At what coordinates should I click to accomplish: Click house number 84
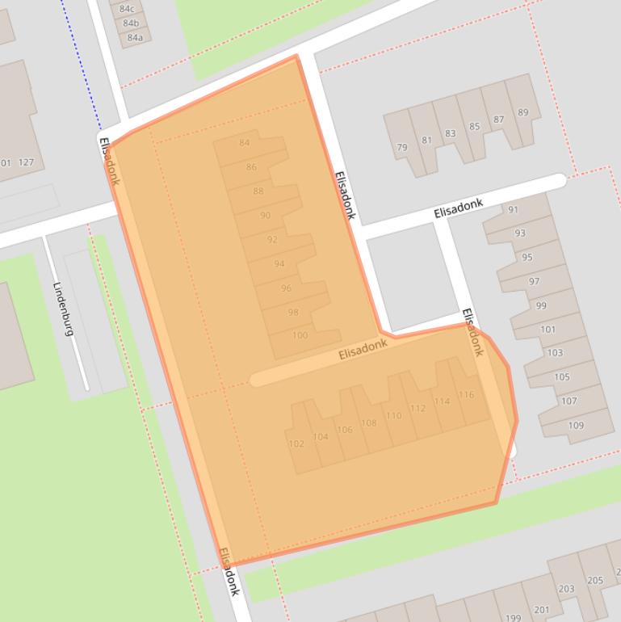pyautogui.click(x=245, y=143)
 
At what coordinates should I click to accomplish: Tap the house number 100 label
pyautogui.click(x=300, y=335)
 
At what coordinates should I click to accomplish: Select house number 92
pyautogui.click(x=272, y=240)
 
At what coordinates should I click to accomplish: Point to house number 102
pyautogui.click(x=296, y=443)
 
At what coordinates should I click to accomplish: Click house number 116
pyautogui.click(x=466, y=395)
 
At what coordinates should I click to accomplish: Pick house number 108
pyautogui.click(x=369, y=422)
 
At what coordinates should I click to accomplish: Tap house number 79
pyautogui.click(x=402, y=148)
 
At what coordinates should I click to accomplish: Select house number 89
pyautogui.click(x=523, y=112)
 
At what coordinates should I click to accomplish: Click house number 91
pyautogui.click(x=513, y=210)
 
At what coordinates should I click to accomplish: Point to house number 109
pyautogui.click(x=576, y=425)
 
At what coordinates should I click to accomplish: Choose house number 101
pyautogui.click(x=548, y=329)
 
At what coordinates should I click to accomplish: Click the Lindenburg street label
pyautogui.click(x=64, y=309)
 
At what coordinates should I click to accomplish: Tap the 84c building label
pyautogui.click(x=127, y=9)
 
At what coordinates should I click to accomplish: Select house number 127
pyautogui.click(x=26, y=162)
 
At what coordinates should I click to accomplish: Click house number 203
pyautogui.click(x=566, y=589)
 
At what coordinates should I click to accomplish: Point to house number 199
pyautogui.click(x=513, y=618)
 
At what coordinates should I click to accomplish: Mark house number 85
pyautogui.click(x=474, y=126)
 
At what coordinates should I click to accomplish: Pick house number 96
pyautogui.click(x=286, y=288)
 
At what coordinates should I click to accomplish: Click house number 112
pyautogui.click(x=417, y=409)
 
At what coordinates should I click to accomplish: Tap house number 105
pyautogui.click(x=562, y=376)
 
